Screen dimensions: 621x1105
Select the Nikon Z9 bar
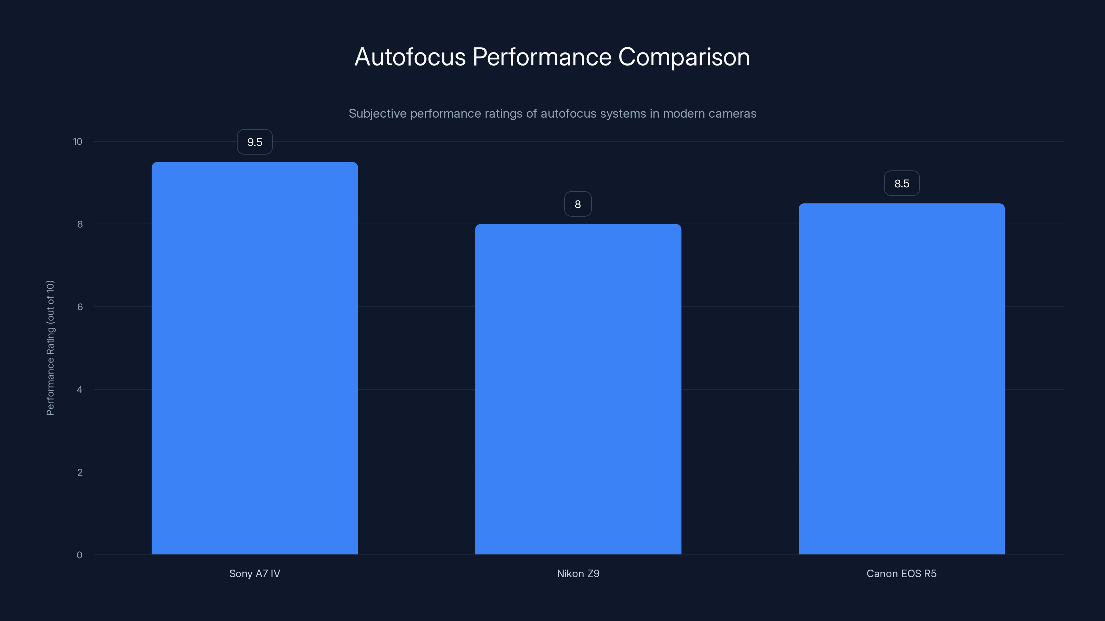[x=578, y=389]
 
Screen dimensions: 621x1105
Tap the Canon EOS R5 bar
[x=901, y=379]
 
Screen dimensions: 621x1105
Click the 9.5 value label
[x=255, y=142]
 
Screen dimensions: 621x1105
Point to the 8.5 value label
[x=902, y=184]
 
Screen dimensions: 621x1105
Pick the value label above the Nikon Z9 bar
[x=578, y=204]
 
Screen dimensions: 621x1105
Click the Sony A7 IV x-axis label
[x=254, y=573]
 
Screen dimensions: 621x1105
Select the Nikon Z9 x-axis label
[x=578, y=573]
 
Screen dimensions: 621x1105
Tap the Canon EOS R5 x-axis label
[x=901, y=573]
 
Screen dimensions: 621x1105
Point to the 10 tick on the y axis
[x=78, y=141]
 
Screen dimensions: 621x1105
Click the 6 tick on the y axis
[x=80, y=307]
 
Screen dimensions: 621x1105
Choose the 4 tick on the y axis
[x=80, y=390]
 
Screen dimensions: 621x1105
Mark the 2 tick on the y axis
[x=80, y=472]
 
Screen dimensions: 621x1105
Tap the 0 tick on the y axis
[x=79, y=555]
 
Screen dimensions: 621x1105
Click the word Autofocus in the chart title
[x=410, y=57]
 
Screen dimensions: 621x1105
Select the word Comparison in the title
[x=684, y=57]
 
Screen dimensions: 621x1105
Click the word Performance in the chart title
[x=542, y=57]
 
